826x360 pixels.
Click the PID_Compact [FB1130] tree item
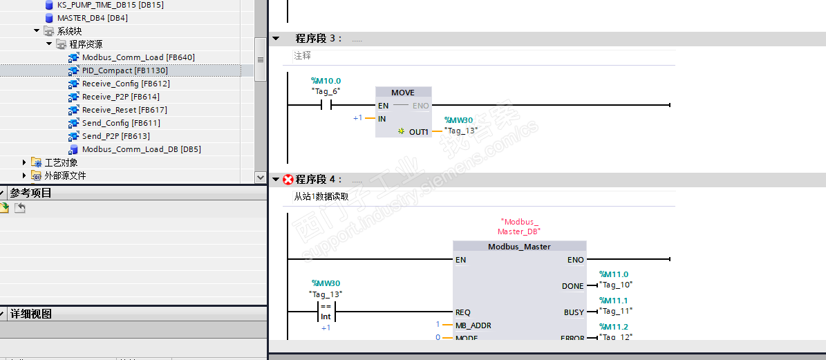click(x=124, y=70)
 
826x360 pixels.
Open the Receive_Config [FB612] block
click(x=125, y=84)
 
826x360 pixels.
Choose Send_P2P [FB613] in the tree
click(x=115, y=136)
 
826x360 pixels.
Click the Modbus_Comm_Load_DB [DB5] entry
click(x=141, y=149)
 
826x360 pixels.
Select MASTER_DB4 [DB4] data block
click(x=92, y=18)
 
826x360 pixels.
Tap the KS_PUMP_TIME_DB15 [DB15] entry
click(x=111, y=5)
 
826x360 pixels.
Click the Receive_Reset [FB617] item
click(x=124, y=110)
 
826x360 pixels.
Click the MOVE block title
click(x=403, y=93)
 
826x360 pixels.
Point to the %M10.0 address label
click(x=326, y=81)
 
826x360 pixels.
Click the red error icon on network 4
click(x=288, y=180)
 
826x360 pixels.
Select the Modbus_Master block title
click(x=519, y=247)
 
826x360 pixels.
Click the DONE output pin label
click(x=572, y=286)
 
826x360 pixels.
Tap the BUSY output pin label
click(x=574, y=312)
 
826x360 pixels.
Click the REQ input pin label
click(x=463, y=312)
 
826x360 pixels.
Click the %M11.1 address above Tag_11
click(x=614, y=301)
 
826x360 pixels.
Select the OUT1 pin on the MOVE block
click(x=418, y=131)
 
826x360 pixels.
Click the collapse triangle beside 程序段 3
click(x=276, y=39)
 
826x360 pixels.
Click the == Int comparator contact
click(x=326, y=312)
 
